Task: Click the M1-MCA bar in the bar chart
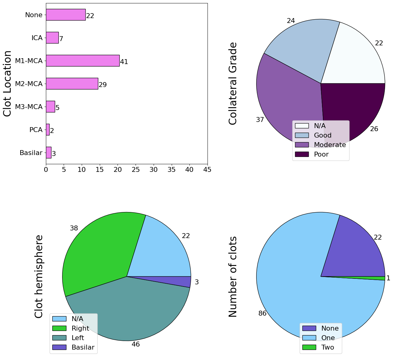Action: point(83,61)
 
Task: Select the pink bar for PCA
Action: point(48,130)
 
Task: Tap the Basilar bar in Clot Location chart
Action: point(49,153)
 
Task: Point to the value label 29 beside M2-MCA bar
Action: point(103,85)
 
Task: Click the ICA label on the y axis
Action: point(37,38)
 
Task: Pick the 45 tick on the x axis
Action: point(207,169)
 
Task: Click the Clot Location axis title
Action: point(8,83)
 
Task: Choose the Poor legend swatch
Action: point(302,154)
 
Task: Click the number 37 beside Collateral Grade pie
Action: point(260,120)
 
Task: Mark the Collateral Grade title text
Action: point(233,83)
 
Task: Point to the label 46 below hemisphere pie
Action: point(136,344)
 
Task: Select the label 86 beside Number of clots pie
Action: point(262,313)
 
